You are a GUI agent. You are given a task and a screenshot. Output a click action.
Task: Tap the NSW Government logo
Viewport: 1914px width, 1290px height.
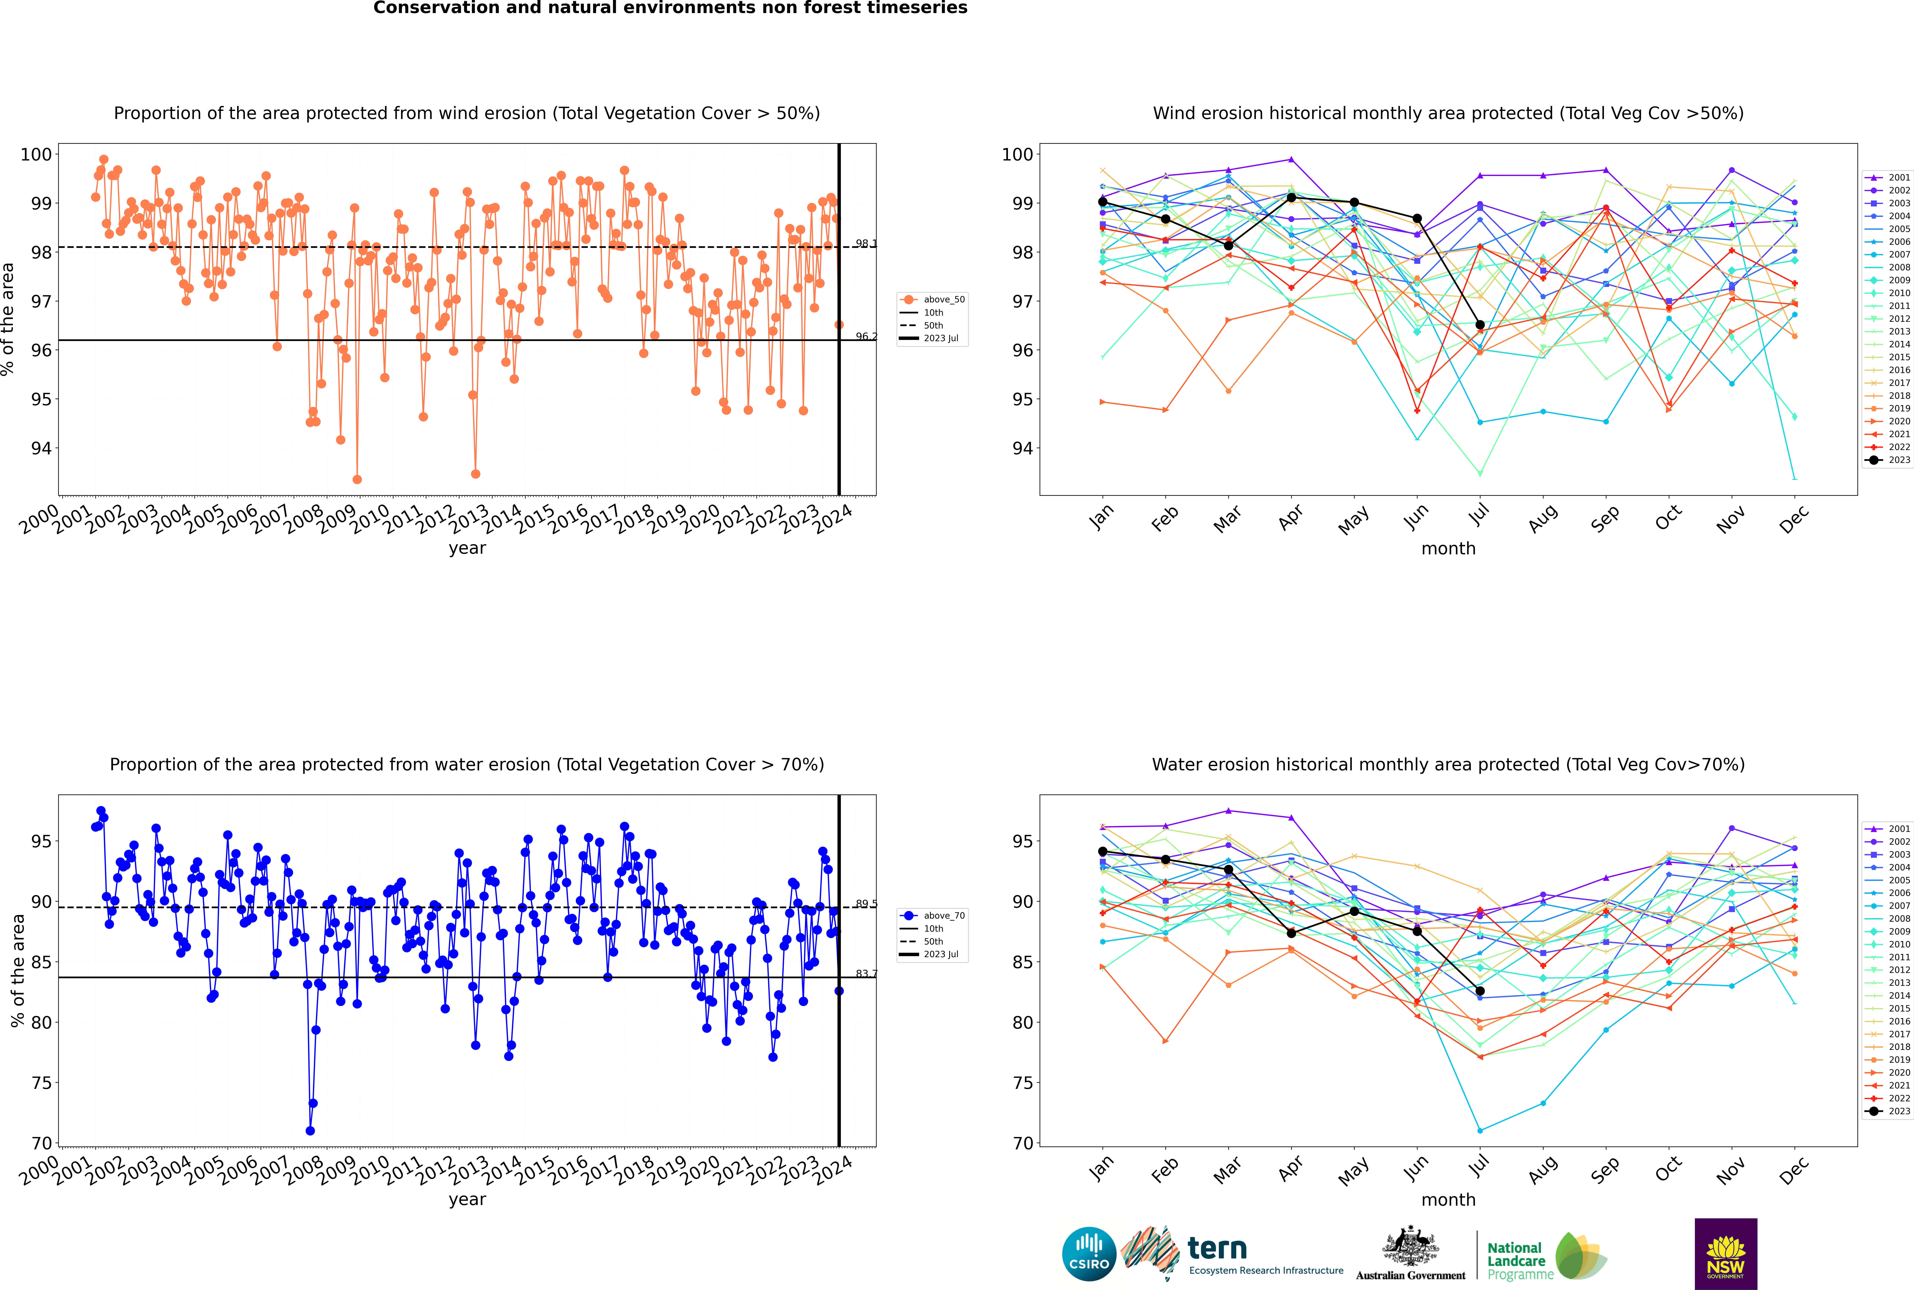pos(1726,1253)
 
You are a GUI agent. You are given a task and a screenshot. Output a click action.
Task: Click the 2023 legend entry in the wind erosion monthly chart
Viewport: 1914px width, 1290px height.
pos(1888,460)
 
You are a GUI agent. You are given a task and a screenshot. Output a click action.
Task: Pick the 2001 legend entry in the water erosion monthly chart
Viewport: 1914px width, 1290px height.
pos(1888,829)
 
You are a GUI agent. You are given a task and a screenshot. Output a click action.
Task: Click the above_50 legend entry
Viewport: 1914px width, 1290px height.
pos(932,300)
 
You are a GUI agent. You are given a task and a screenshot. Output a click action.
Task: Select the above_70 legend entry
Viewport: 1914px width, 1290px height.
pos(932,916)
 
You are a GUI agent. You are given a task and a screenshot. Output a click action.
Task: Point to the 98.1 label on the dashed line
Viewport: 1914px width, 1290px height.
pos(866,244)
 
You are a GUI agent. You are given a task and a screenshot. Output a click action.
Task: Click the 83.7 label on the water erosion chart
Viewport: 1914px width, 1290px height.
pos(866,973)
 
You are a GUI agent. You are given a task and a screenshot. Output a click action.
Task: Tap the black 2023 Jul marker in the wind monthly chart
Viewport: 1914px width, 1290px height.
pos(1479,325)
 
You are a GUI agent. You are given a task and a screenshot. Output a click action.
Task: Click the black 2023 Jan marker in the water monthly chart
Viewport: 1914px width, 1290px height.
pos(1103,851)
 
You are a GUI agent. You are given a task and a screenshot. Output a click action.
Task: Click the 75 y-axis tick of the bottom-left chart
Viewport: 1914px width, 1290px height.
pos(41,1083)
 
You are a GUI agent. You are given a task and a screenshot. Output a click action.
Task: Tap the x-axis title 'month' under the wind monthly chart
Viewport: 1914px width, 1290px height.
pos(1448,549)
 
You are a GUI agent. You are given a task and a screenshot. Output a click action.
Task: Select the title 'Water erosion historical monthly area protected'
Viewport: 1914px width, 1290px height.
pos(1448,764)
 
